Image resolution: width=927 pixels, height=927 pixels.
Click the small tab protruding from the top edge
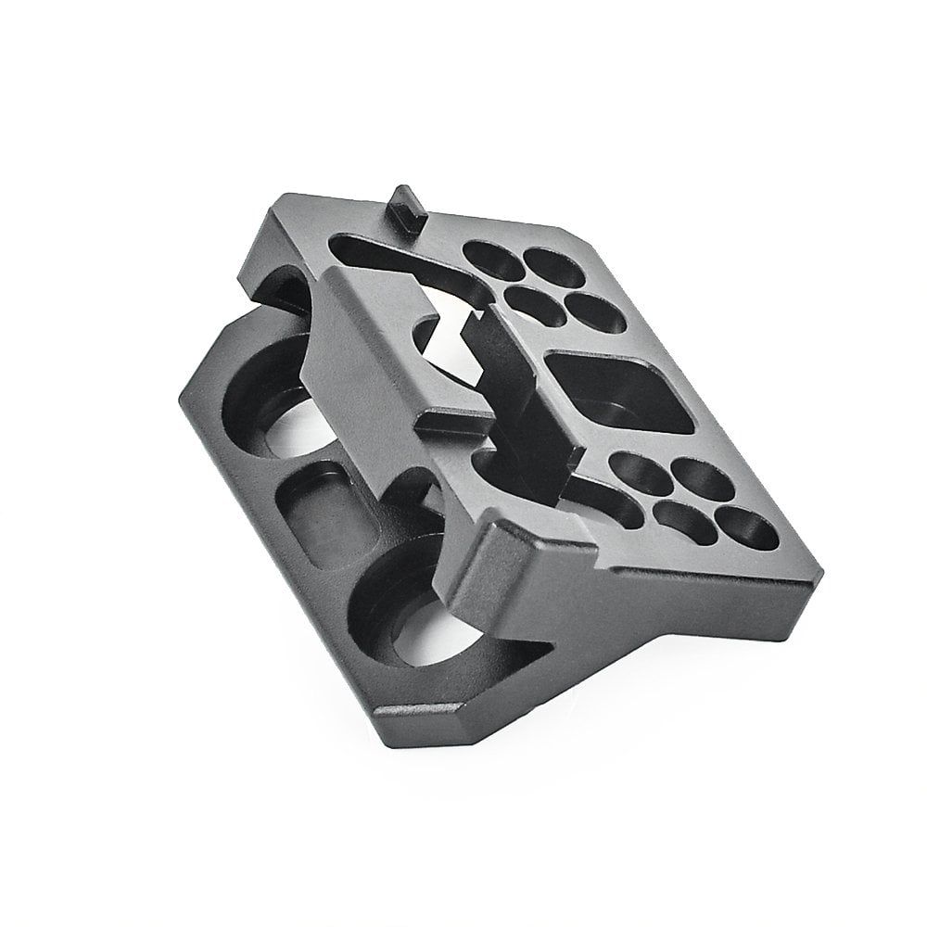[406, 202]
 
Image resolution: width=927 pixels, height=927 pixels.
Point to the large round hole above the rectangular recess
[278, 403]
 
